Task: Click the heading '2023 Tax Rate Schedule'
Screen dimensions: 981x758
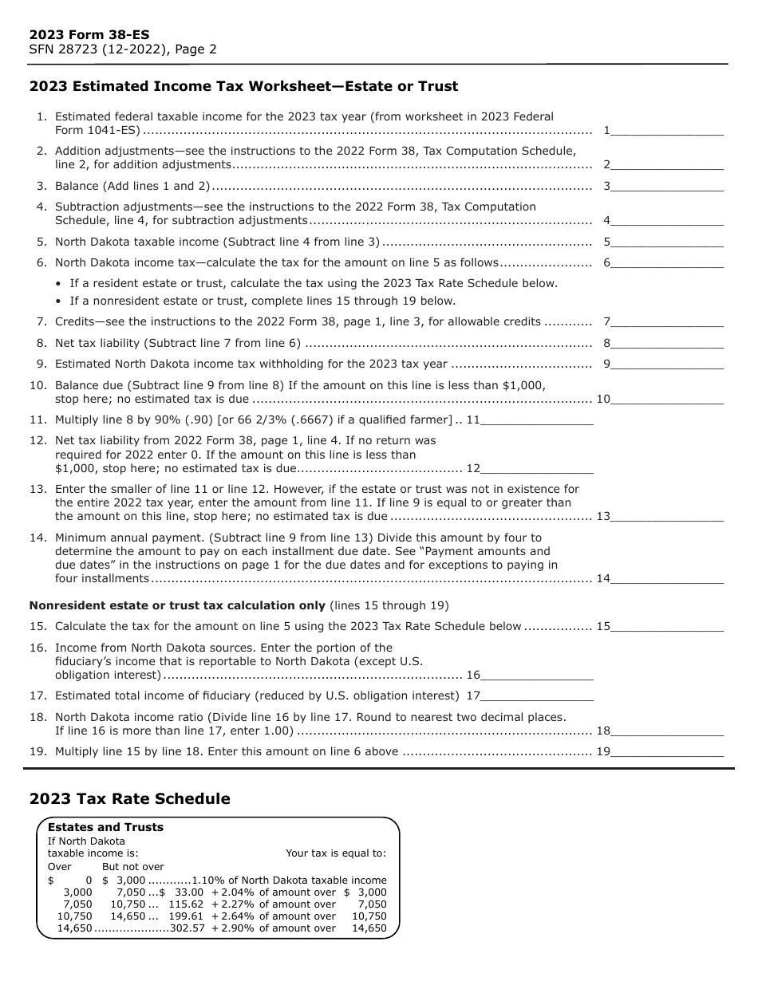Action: (129, 799)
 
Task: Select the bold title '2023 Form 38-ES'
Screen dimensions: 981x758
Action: (89, 35)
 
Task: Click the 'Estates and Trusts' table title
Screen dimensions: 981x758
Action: (105, 828)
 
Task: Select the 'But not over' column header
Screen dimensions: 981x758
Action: (132, 867)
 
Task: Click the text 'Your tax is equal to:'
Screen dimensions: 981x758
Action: (336, 853)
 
